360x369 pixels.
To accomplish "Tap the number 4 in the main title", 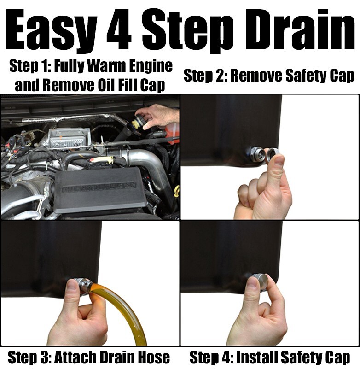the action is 119,30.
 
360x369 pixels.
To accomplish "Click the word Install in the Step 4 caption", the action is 256,357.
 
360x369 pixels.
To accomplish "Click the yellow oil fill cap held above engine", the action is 138,121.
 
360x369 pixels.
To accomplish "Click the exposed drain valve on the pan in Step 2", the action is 256,154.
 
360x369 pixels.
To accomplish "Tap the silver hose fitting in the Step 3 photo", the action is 82,285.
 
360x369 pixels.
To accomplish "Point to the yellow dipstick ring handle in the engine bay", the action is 176,189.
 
